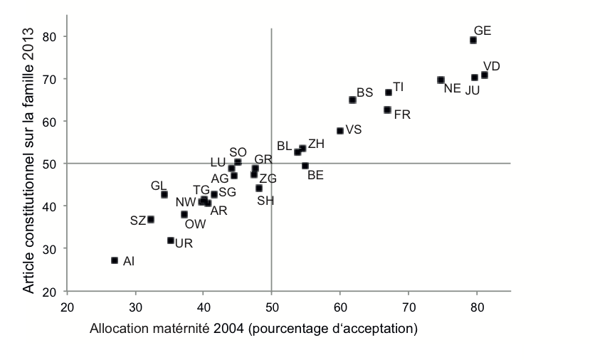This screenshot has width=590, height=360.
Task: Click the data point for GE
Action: pyautogui.click(x=473, y=41)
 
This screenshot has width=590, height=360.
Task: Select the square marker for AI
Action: pyautogui.click(x=115, y=260)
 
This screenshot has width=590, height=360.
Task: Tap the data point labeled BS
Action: pyautogui.click(x=352, y=100)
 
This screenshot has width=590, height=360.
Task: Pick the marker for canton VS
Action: pyautogui.click(x=339, y=131)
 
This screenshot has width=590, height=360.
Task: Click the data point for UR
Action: pyautogui.click(x=171, y=240)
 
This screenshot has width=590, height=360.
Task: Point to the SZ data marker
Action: pyautogui.click(x=151, y=220)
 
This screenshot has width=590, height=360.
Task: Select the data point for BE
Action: pyautogui.click(x=305, y=166)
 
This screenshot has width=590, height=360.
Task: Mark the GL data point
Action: pyautogui.click(x=164, y=194)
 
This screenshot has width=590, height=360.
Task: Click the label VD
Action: pyautogui.click(x=491, y=67)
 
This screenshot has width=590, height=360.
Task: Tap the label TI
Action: pyautogui.click(x=399, y=87)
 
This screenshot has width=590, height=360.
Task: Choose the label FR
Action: pyautogui.click(x=402, y=114)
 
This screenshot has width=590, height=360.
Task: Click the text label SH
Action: pyautogui.click(x=265, y=201)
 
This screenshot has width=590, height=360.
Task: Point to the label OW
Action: pyautogui.click(x=196, y=224)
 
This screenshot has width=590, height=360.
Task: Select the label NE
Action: pyautogui.click(x=453, y=89)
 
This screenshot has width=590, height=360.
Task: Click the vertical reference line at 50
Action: pyautogui.click(x=272, y=213)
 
